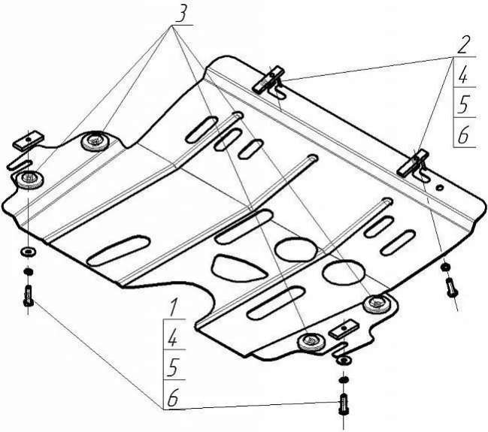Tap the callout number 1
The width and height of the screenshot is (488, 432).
pos(173,306)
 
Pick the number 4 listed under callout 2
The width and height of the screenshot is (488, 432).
pos(464,76)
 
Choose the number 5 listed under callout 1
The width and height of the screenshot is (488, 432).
pos(173,367)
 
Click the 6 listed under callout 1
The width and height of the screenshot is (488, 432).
pos(173,399)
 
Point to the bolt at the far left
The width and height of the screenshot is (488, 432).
pos(28,295)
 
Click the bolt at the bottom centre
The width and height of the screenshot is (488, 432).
pos(342,405)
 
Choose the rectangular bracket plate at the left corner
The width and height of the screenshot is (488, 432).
pos(31,140)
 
